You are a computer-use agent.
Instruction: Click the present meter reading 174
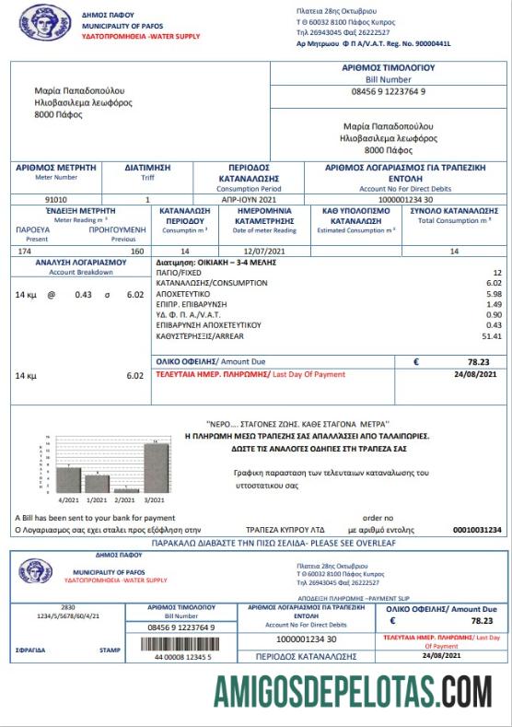coord(25,251)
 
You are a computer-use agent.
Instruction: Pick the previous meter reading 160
coord(137,251)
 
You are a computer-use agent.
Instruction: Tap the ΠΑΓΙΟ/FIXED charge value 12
coord(497,274)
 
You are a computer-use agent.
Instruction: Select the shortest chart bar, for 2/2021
coord(126,489)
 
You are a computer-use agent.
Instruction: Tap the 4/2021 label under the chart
coord(69,499)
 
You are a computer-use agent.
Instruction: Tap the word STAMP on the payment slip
coord(110,650)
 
